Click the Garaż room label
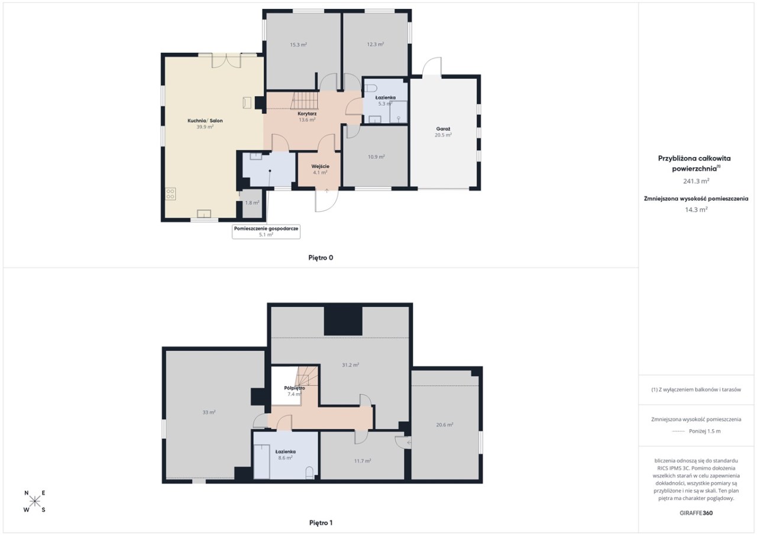(x=443, y=129)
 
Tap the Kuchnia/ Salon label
(x=205, y=121)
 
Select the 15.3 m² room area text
(x=299, y=44)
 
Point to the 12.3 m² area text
(x=376, y=44)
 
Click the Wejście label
(x=320, y=166)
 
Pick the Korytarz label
(x=307, y=114)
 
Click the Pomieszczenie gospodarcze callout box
(x=266, y=232)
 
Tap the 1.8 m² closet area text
(x=252, y=203)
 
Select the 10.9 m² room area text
(x=376, y=157)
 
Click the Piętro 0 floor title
(x=321, y=258)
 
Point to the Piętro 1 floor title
(x=321, y=523)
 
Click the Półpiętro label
(x=295, y=388)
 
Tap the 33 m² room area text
(x=209, y=413)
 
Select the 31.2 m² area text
(x=351, y=365)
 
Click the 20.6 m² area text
(x=444, y=425)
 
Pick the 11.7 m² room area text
(x=363, y=461)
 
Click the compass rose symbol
(x=35, y=501)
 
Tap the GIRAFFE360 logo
(x=696, y=513)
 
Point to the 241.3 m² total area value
(x=696, y=181)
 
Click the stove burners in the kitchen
(x=170, y=194)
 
